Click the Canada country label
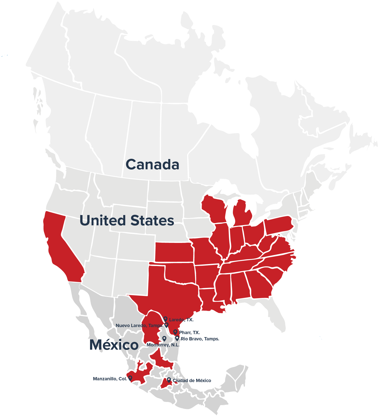point(152,165)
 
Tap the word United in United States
point(103,220)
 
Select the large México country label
point(114,345)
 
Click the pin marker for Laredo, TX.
point(165,319)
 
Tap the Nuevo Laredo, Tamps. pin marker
point(166,325)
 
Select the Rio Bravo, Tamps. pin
point(177,338)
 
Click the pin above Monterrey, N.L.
point(164,339)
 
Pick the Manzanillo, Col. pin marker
point(130,378)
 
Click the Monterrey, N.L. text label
point(163,345)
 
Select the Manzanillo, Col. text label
point(110,379)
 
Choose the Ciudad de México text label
point(192,381)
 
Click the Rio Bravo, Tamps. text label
point(200,339)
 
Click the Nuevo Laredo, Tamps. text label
point(139,326)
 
